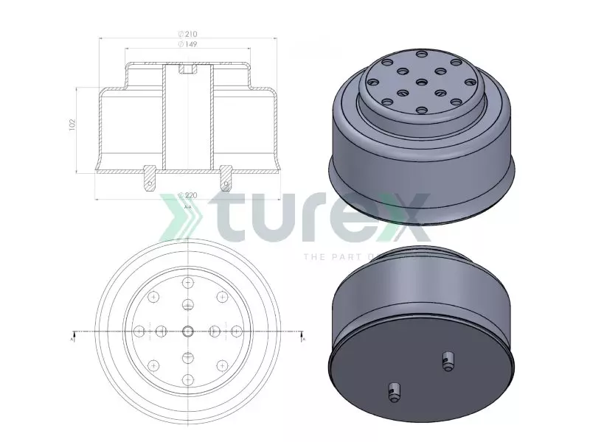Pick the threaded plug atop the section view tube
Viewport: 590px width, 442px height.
click(x=187, y=69)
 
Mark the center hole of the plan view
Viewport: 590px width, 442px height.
click(x=187, y=331)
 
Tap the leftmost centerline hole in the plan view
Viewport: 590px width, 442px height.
click(x=139, y=331)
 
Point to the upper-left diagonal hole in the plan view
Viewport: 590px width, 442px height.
click(x=153, y=297)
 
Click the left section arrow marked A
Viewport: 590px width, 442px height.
click(x=72, y=338)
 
